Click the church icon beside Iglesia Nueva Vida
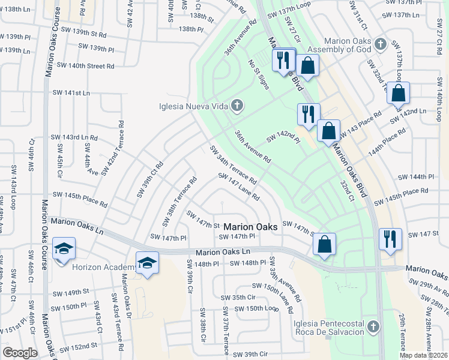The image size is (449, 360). [237, 107]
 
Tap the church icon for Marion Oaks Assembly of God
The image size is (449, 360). [379, 44]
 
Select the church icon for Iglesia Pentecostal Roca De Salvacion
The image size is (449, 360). [373, 327]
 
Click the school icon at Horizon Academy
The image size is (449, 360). [147, 263]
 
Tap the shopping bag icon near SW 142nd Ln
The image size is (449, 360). [398, 94]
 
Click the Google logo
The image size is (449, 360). [20, 353]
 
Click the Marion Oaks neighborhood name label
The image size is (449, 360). [251, 227]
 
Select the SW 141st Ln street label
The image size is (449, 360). [71, 93]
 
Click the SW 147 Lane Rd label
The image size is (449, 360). [239, 187]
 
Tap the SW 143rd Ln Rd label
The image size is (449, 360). [74, 137]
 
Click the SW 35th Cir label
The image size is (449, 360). [238, 297]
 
